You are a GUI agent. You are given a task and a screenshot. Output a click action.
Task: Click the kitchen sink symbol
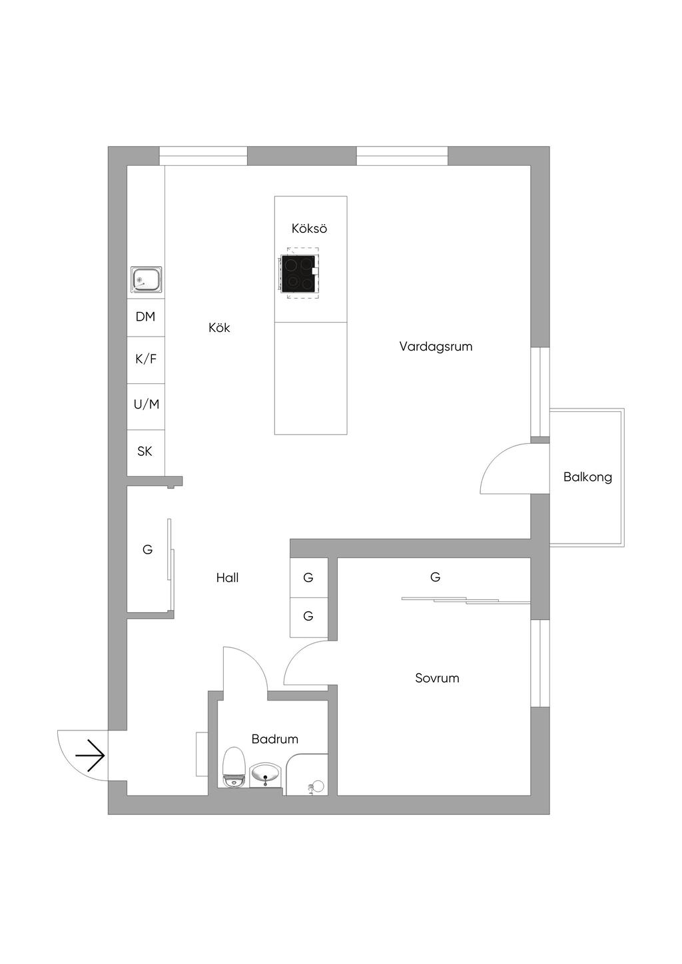(x=147, y=279)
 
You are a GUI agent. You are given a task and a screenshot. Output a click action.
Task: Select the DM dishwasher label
(x=145, y=317)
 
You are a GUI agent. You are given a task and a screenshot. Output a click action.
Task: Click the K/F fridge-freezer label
(x=146, y=359)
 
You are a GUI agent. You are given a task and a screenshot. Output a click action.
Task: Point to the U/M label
(x=147, y=404)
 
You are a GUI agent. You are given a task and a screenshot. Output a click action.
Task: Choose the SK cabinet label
(x=145, y=451)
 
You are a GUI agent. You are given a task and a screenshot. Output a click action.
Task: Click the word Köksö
(x=309, y=228)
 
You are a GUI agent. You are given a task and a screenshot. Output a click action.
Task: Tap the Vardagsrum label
(x=436, y=347)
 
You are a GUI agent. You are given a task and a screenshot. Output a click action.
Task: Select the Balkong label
(x=587, y=477)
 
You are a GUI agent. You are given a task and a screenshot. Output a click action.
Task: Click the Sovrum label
(x=437, y=678)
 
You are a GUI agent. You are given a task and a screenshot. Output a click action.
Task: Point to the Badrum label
(x=275, y=739)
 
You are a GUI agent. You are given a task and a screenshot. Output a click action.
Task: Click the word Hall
(x=228, y=577)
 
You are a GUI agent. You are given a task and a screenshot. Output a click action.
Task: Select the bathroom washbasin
(x=265, y=775)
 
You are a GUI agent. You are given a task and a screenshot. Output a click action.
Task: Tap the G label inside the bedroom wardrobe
(x=435, y=577)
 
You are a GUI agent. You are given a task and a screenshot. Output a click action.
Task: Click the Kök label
(x=219, y=327)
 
